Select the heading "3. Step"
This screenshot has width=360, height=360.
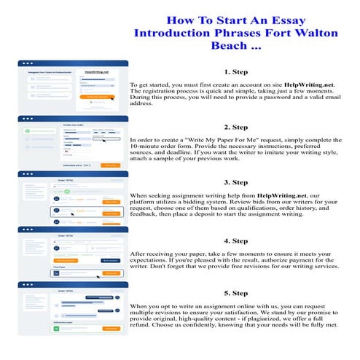pyautogui.click(x=236, y=181)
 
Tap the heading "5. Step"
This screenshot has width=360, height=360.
pyautogui.click(x=236, y=293)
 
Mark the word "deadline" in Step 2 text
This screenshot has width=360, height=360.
pyautogui.click(x=173, y=154)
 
